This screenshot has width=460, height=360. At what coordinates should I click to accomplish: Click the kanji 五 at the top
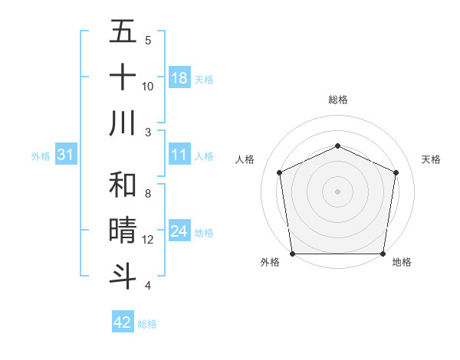coord(123,33)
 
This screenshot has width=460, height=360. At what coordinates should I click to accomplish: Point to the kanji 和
coord(123,186)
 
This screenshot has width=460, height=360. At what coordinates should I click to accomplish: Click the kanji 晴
coord(123,231)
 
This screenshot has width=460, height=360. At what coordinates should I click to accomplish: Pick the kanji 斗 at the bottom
coord(123,277)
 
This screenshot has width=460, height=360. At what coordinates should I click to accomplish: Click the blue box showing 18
coord(179,78)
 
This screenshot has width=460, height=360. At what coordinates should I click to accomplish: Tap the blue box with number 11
coord(179,155)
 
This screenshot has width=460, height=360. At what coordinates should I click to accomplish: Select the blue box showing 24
coord(179,232)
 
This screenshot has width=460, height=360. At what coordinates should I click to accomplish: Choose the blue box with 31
coord(65,155)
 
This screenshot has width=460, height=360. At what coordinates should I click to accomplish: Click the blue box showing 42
coord(123,322)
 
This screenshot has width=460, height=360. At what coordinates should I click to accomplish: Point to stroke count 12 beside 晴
coord(148,240)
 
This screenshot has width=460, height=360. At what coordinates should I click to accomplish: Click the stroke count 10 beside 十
coord(148,86)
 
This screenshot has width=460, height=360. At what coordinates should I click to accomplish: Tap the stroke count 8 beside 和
coord(148,194)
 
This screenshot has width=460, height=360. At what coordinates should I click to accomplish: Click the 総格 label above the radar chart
coord(337,100)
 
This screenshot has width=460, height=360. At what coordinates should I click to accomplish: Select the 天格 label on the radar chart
coord(431,159)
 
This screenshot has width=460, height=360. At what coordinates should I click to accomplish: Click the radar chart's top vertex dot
coord(337,146)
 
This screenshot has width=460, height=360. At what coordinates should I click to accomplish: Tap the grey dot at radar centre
coord(337,191)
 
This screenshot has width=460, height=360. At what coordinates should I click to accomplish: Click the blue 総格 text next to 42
coord(147,324)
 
